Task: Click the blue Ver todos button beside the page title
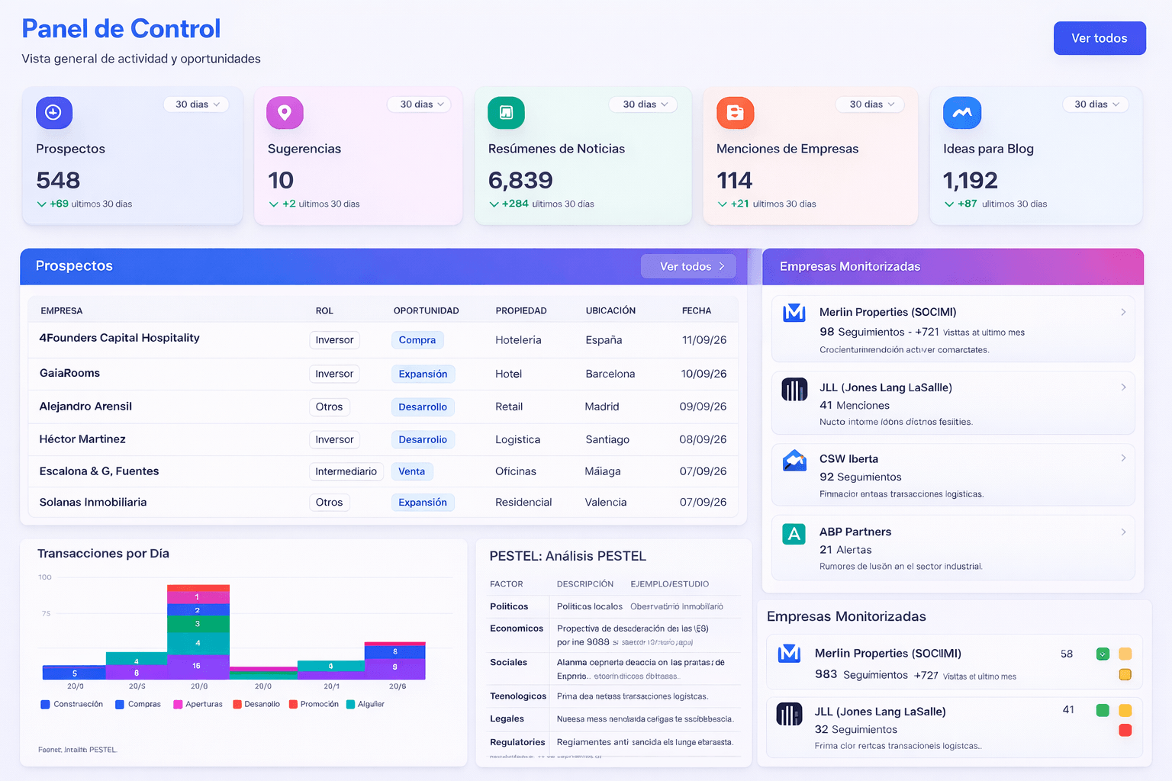[1099, 38]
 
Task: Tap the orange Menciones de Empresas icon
[735, 113]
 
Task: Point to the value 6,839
[520, 180]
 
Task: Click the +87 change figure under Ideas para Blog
[967, 204]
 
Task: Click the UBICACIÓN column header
[610, 310]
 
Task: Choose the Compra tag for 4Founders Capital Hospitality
[417, 340]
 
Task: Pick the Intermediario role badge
[346, 471]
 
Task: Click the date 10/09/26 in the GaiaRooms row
[704, 374]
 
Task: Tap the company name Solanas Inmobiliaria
[93, 502]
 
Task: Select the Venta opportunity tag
[411, 471]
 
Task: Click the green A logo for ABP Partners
[794, 534]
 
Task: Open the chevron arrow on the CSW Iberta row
[1123, 458]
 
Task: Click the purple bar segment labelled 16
[197, 666]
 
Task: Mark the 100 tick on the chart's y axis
[45, 577]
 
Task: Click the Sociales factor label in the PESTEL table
[508, 662]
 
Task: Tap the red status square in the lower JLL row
[1125, 731]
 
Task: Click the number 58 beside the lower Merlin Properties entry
[1066, 654]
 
